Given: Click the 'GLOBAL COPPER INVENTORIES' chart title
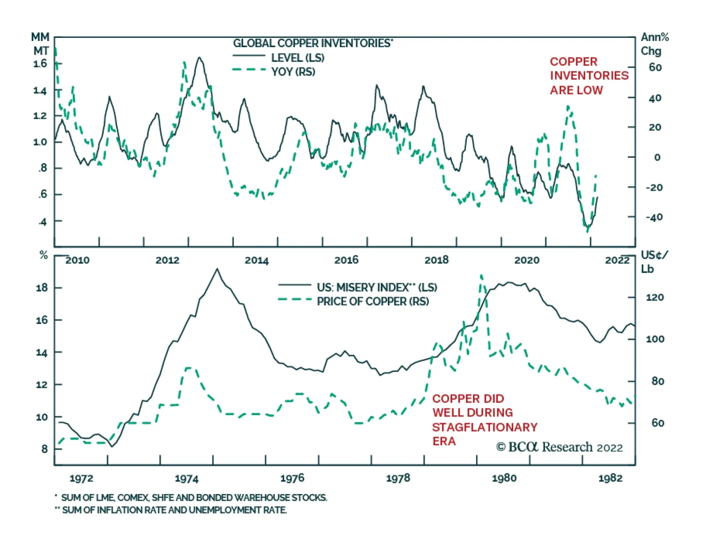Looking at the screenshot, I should click(312, 43).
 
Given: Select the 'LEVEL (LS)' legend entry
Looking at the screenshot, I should click(297, 58).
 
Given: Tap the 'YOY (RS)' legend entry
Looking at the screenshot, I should click(293, 71).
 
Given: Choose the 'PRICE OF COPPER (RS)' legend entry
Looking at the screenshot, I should click(372, 301).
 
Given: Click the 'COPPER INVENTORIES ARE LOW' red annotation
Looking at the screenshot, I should click(589, 76).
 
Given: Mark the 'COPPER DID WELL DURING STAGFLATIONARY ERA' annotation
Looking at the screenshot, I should click(484, 420).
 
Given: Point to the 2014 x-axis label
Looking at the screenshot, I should click(256, 260).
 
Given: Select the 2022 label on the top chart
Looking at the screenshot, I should click(617, 260).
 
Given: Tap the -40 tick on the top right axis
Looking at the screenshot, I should click(654, 217).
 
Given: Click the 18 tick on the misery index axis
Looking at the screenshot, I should click(42, 288).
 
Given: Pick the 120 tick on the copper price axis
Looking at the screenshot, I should click(654, 297).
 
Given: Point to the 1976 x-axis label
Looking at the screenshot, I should click(292, 478).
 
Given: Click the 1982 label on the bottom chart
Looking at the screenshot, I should click(610, 478).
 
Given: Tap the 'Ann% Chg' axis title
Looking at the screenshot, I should click(654, 44).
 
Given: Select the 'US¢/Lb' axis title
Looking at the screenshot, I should click(654, 262).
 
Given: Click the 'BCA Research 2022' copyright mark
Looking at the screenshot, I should click(559, 447).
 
